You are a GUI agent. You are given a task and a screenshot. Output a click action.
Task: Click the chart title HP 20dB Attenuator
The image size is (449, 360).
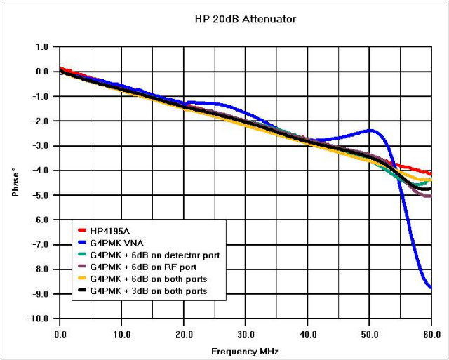point(245,19)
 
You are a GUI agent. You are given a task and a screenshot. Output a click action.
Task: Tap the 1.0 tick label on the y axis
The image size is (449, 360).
point(42,47)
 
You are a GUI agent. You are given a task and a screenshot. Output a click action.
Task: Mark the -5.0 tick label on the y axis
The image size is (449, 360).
point(41,195)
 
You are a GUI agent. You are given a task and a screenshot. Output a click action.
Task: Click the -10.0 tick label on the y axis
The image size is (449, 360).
point(39,319)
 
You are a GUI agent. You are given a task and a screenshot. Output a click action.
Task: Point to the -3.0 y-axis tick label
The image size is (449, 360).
point(41,146)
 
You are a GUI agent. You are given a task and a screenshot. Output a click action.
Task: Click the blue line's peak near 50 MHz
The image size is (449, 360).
point(371,130)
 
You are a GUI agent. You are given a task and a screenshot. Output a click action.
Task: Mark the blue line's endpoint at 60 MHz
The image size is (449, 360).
point(430,288)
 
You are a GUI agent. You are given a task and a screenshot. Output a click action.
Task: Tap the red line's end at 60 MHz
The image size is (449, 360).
point(430,172)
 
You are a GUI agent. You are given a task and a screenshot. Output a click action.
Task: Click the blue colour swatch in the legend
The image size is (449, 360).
point(81,243)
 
